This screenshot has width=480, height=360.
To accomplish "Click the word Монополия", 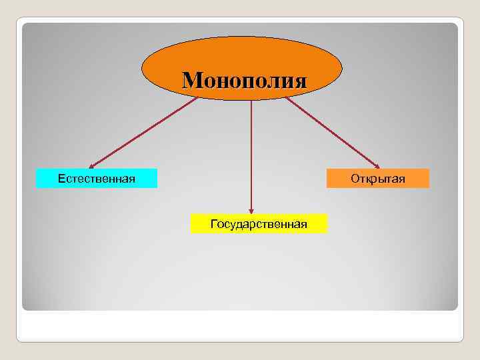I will click(245, 81).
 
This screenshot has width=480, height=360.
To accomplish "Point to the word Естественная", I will click(97, 179).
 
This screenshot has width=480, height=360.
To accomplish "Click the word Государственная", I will click(259, 224).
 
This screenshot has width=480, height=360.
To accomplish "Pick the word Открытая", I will click(377, 179).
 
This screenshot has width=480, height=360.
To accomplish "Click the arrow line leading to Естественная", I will click(143, 133).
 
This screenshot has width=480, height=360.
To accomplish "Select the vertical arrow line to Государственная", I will click(251, 153).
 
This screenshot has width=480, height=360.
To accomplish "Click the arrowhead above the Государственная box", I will click(251, 209).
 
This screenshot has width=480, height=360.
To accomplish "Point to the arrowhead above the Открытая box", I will click(377, 165).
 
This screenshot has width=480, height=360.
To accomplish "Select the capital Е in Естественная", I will click(61, 179).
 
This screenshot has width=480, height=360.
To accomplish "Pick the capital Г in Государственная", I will click(213, 224).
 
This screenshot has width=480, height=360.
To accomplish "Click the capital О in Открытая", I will click(355, 179).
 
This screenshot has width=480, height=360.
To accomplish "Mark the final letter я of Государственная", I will click(303, 224).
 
